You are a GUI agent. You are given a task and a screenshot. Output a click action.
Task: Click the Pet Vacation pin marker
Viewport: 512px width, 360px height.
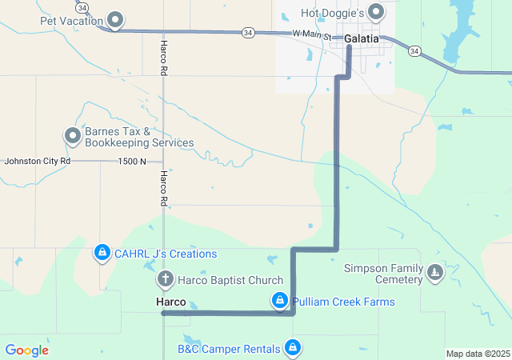[x=116, y=19]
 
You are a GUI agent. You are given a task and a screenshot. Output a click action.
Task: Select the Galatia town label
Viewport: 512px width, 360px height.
[x=362, y=38]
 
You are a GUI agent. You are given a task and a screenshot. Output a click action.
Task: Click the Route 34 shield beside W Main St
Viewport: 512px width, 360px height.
[x=248, y=32]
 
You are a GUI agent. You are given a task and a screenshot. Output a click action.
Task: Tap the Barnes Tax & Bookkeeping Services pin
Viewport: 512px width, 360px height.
[x=73, y=136]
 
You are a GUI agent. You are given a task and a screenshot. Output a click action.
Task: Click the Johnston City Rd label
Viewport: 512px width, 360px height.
[x=38, y=161]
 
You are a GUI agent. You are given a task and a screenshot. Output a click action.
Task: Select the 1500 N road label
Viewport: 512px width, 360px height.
[x=132, y=161]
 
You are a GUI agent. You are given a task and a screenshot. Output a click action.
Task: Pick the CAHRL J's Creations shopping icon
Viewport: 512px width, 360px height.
[x=102, y=254]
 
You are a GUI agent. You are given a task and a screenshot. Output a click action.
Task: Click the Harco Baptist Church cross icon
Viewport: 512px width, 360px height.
[x=165, y=280]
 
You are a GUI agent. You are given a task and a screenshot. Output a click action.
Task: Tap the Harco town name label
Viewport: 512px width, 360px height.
[x=170, y=302]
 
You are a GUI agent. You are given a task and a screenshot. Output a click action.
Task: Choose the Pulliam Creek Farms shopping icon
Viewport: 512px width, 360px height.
[x=279, y=302]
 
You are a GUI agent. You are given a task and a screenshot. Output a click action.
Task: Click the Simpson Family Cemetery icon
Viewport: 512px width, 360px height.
[x=434, y=274]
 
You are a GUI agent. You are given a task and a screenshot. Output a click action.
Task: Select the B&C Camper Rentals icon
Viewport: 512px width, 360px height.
[x=293, y=348]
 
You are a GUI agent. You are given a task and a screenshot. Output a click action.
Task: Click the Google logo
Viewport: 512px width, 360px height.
[x=26, y=350]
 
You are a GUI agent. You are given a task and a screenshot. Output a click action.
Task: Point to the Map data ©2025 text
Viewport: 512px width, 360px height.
[x=478, y=354]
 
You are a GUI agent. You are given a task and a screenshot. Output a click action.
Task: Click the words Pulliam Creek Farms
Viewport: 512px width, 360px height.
[x=343, y=302]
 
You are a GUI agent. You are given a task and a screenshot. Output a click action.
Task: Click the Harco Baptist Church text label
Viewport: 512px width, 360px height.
[x=230, y=280]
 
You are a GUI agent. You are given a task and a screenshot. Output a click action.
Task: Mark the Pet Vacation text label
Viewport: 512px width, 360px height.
[x=71, y=20]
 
